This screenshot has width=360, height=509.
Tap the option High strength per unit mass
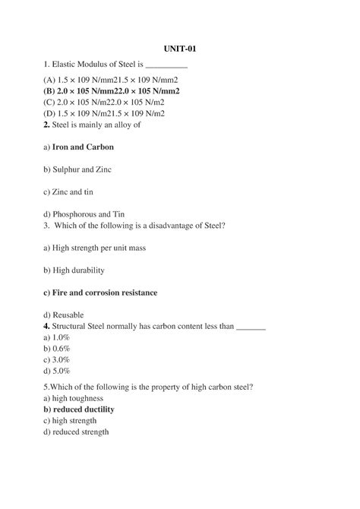[94, 247]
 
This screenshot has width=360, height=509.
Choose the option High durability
[74, 270]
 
